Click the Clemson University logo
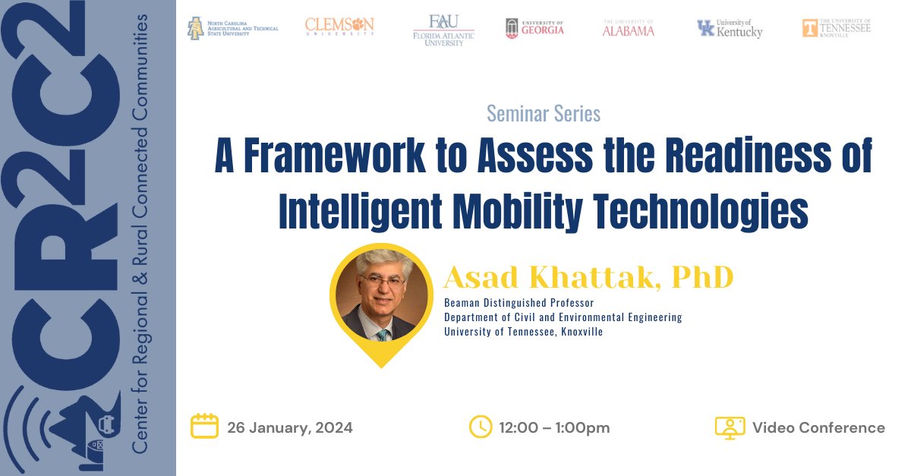[339, 27]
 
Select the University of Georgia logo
[534, 29]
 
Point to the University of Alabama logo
[628, 28]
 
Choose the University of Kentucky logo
[730, 29]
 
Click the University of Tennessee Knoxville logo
[837, 27]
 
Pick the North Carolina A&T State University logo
[232, 28]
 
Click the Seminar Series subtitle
[543, 114]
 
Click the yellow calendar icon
[204, 427]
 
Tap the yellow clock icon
[481, 427]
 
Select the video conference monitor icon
[730, 427]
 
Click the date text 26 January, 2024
[289, 427]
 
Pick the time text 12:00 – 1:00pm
[554, 427]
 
